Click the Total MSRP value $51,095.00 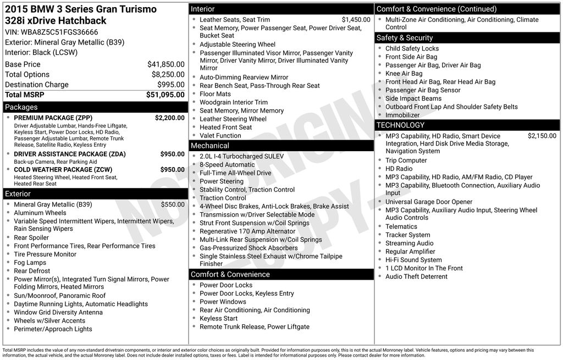click(x=165, y=95)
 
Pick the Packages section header click(x=21, y=107)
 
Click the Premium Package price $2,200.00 click(x=169, y=118)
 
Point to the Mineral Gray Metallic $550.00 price click(x=173, y=204)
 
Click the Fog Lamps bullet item click(x=30, y=263)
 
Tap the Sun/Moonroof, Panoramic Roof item click(x=59, y=296)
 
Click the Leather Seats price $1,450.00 click(x=356, y=20)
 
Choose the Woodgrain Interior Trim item click(x=234, y=102)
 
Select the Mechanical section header click(x=209, y=146)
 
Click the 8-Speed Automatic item click(x=227, y=164)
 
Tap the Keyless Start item click(x=218, y=318)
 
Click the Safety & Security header click(x=405, y=38)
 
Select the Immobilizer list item click(x=402, y=115)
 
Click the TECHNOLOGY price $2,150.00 click(x=542, y=136)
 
